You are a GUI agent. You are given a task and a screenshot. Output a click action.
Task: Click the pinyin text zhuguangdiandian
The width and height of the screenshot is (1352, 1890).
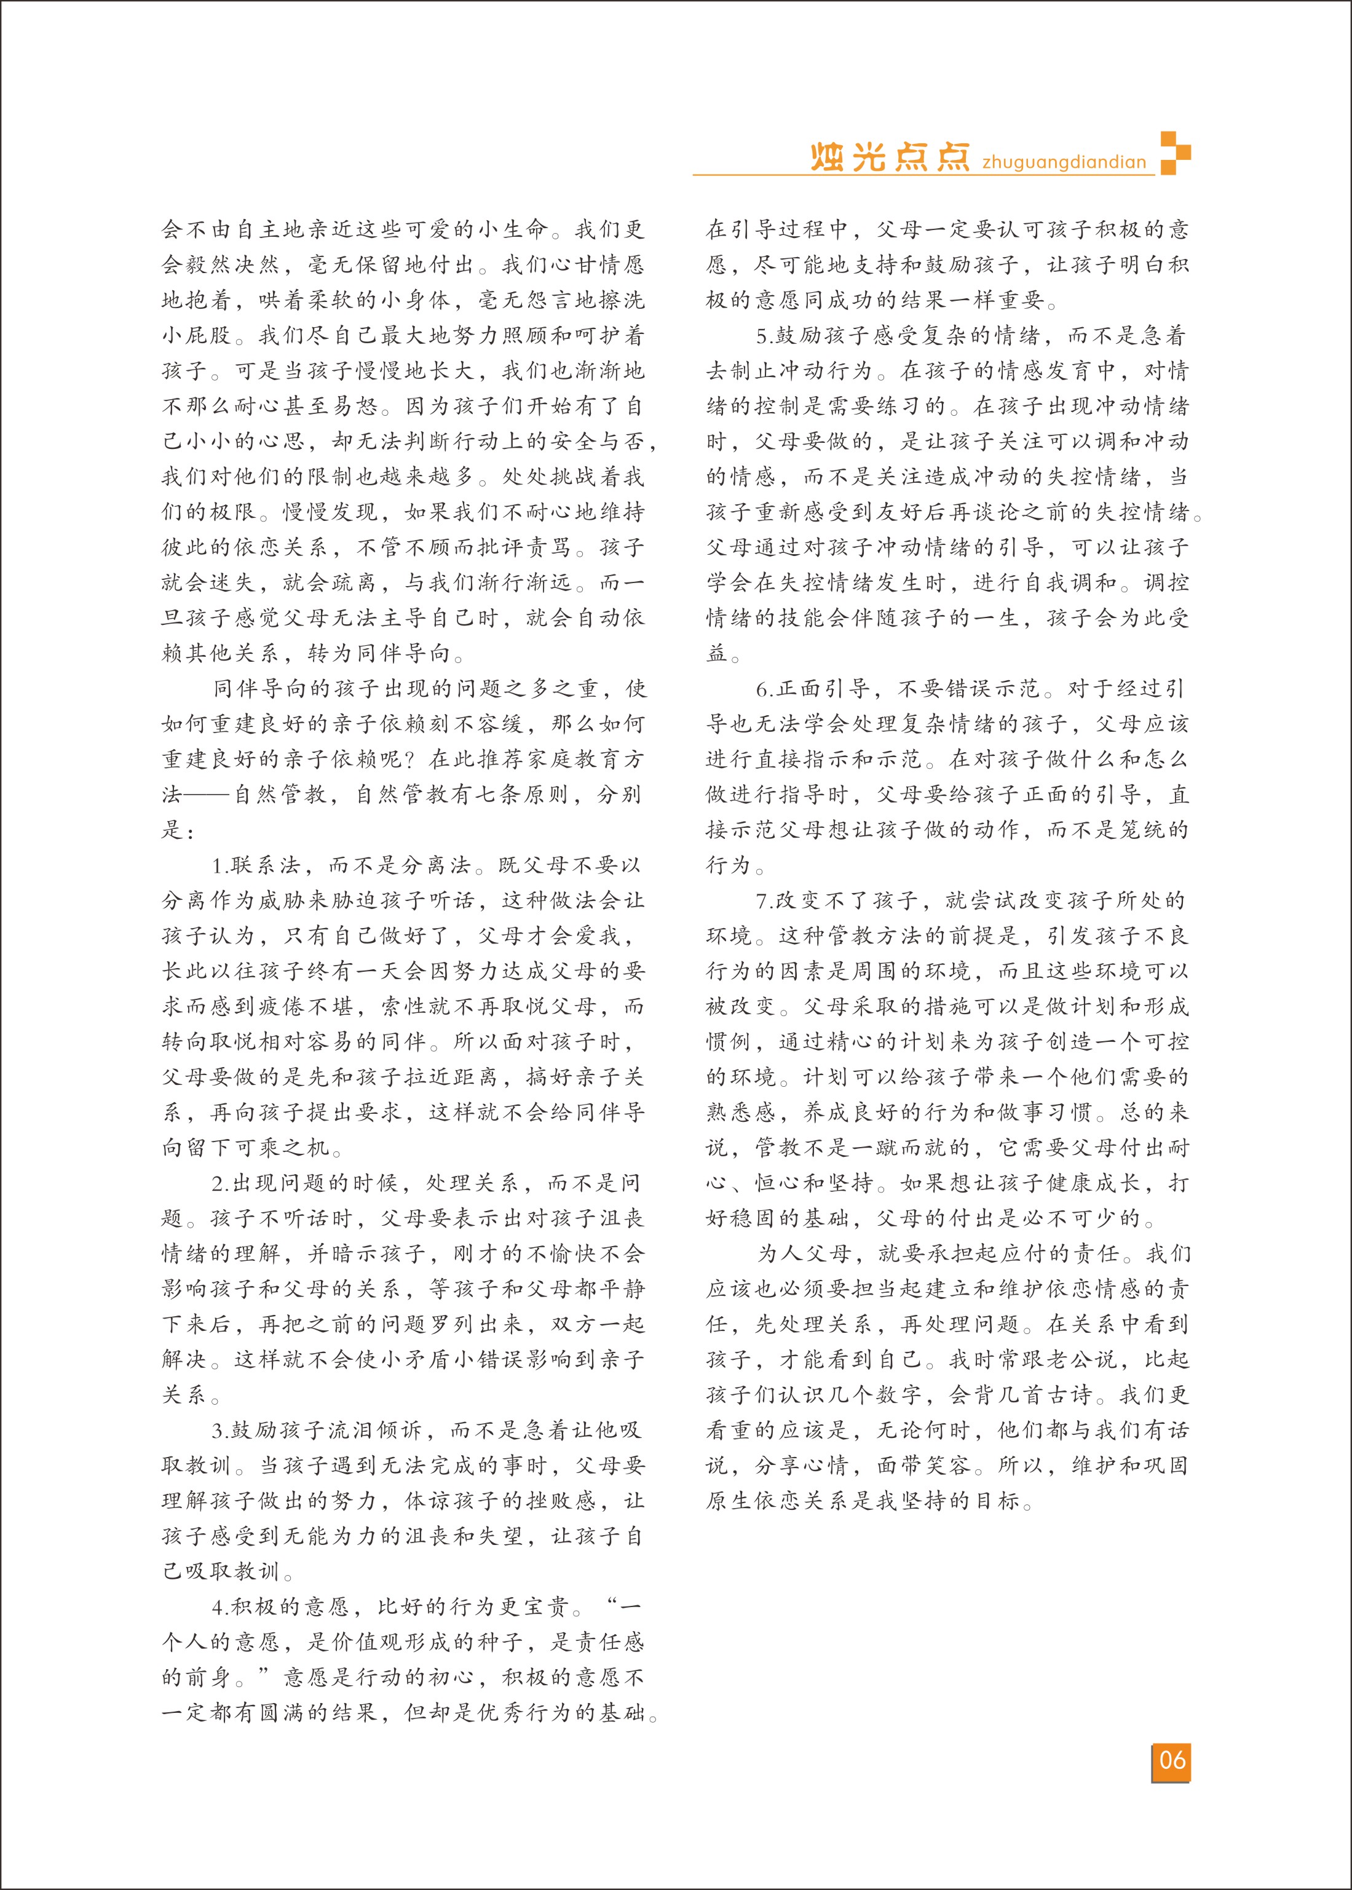click(x=1064, y=162)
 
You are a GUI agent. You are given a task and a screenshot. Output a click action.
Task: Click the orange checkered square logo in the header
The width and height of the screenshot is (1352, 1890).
click(x=1175, y=153)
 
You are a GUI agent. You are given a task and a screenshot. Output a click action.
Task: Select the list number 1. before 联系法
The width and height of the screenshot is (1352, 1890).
click(x=221, y=866)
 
